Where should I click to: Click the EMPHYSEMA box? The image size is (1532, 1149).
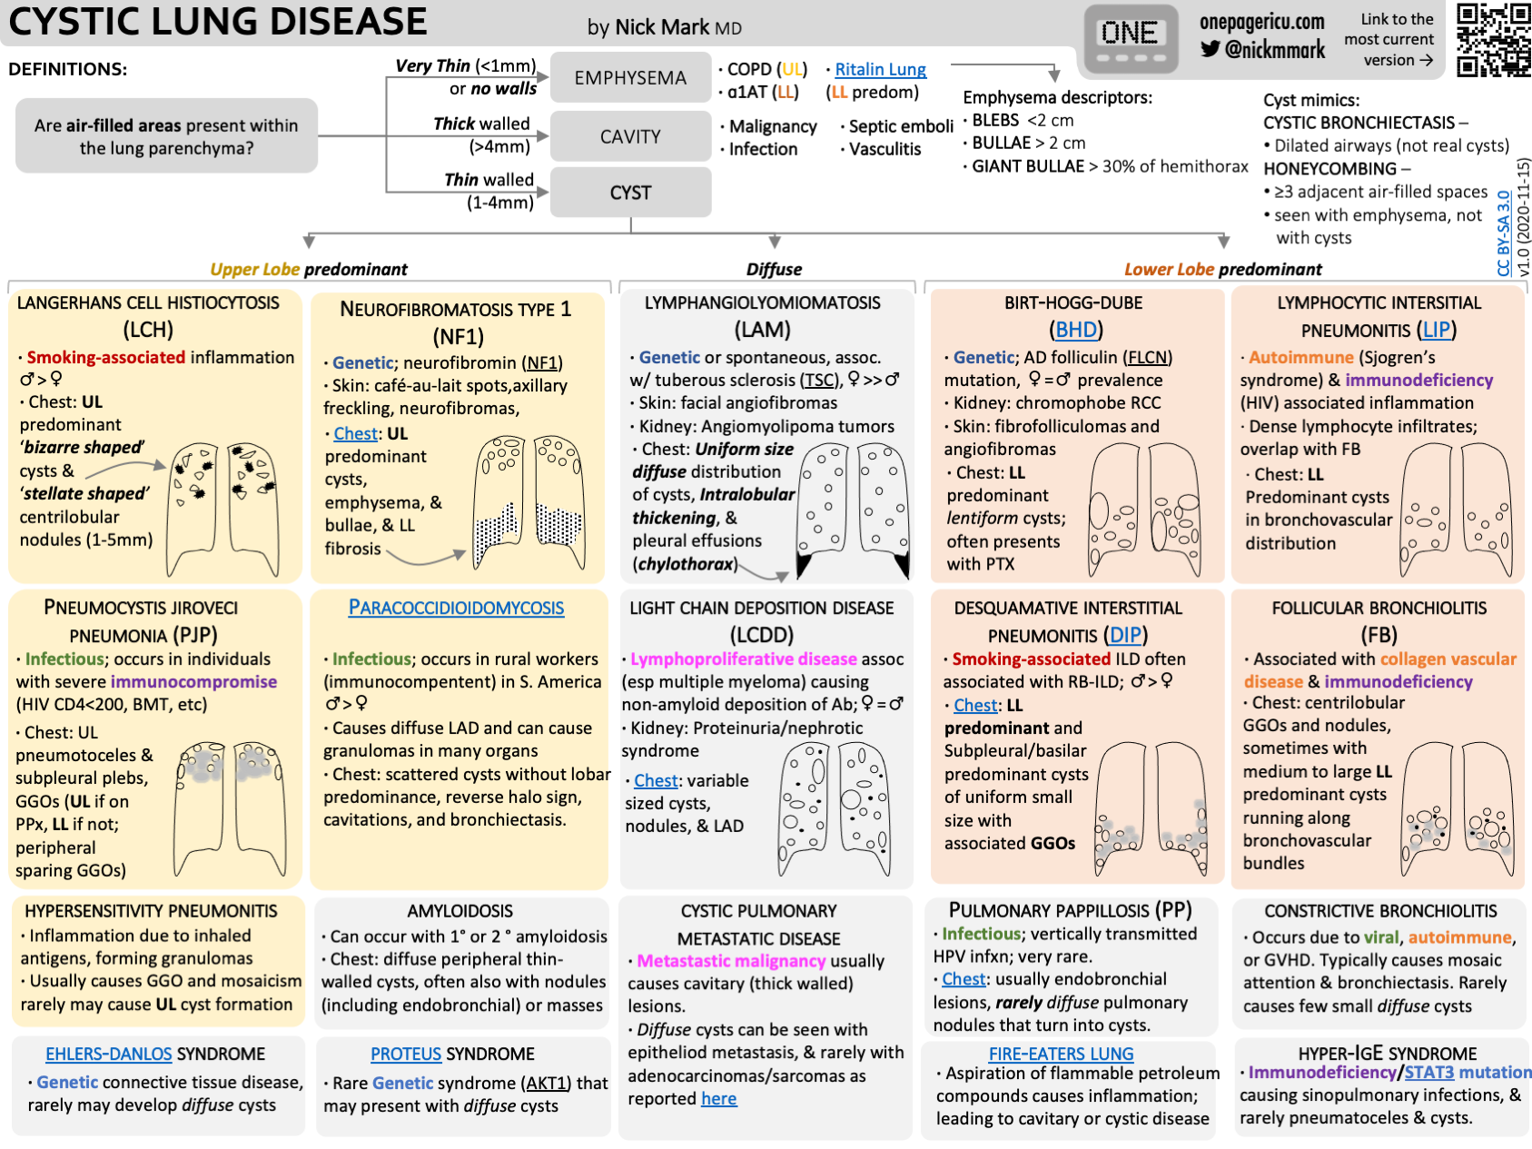[x=630, y=78]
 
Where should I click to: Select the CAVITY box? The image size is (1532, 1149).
[x=630, y=136]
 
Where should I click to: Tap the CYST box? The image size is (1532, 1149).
[x=630, y=193]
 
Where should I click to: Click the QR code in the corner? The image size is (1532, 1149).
[x=1493, y=39]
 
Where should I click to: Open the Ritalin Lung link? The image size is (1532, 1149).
[x=880, y=70]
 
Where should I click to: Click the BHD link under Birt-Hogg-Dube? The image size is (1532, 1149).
[x=1076, y=330]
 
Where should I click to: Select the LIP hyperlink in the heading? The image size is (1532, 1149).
[x=1437, y=330]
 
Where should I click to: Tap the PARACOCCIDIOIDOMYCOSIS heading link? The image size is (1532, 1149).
[x=456, y=608]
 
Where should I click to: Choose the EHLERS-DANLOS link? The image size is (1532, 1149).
[x=109, y=1054]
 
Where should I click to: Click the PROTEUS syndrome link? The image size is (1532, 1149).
[x=406, y=1054]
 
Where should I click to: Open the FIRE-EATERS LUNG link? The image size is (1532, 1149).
[x=1061, y=1054]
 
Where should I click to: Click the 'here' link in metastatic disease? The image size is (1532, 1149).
[x=718, y=1099]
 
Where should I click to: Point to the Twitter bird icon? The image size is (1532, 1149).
[x=1211, y=49]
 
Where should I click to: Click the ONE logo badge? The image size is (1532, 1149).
[x=1130, y=40]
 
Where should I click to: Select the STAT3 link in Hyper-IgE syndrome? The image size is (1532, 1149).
[x=1428, y=1073]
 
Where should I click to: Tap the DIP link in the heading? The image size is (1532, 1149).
[x=1126, y=635]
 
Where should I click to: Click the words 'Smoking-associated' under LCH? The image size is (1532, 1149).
[x=105, y=358]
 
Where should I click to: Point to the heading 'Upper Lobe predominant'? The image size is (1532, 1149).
[x=309, y=270]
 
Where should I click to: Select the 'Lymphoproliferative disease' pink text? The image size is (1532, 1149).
[x=744, y=659]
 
